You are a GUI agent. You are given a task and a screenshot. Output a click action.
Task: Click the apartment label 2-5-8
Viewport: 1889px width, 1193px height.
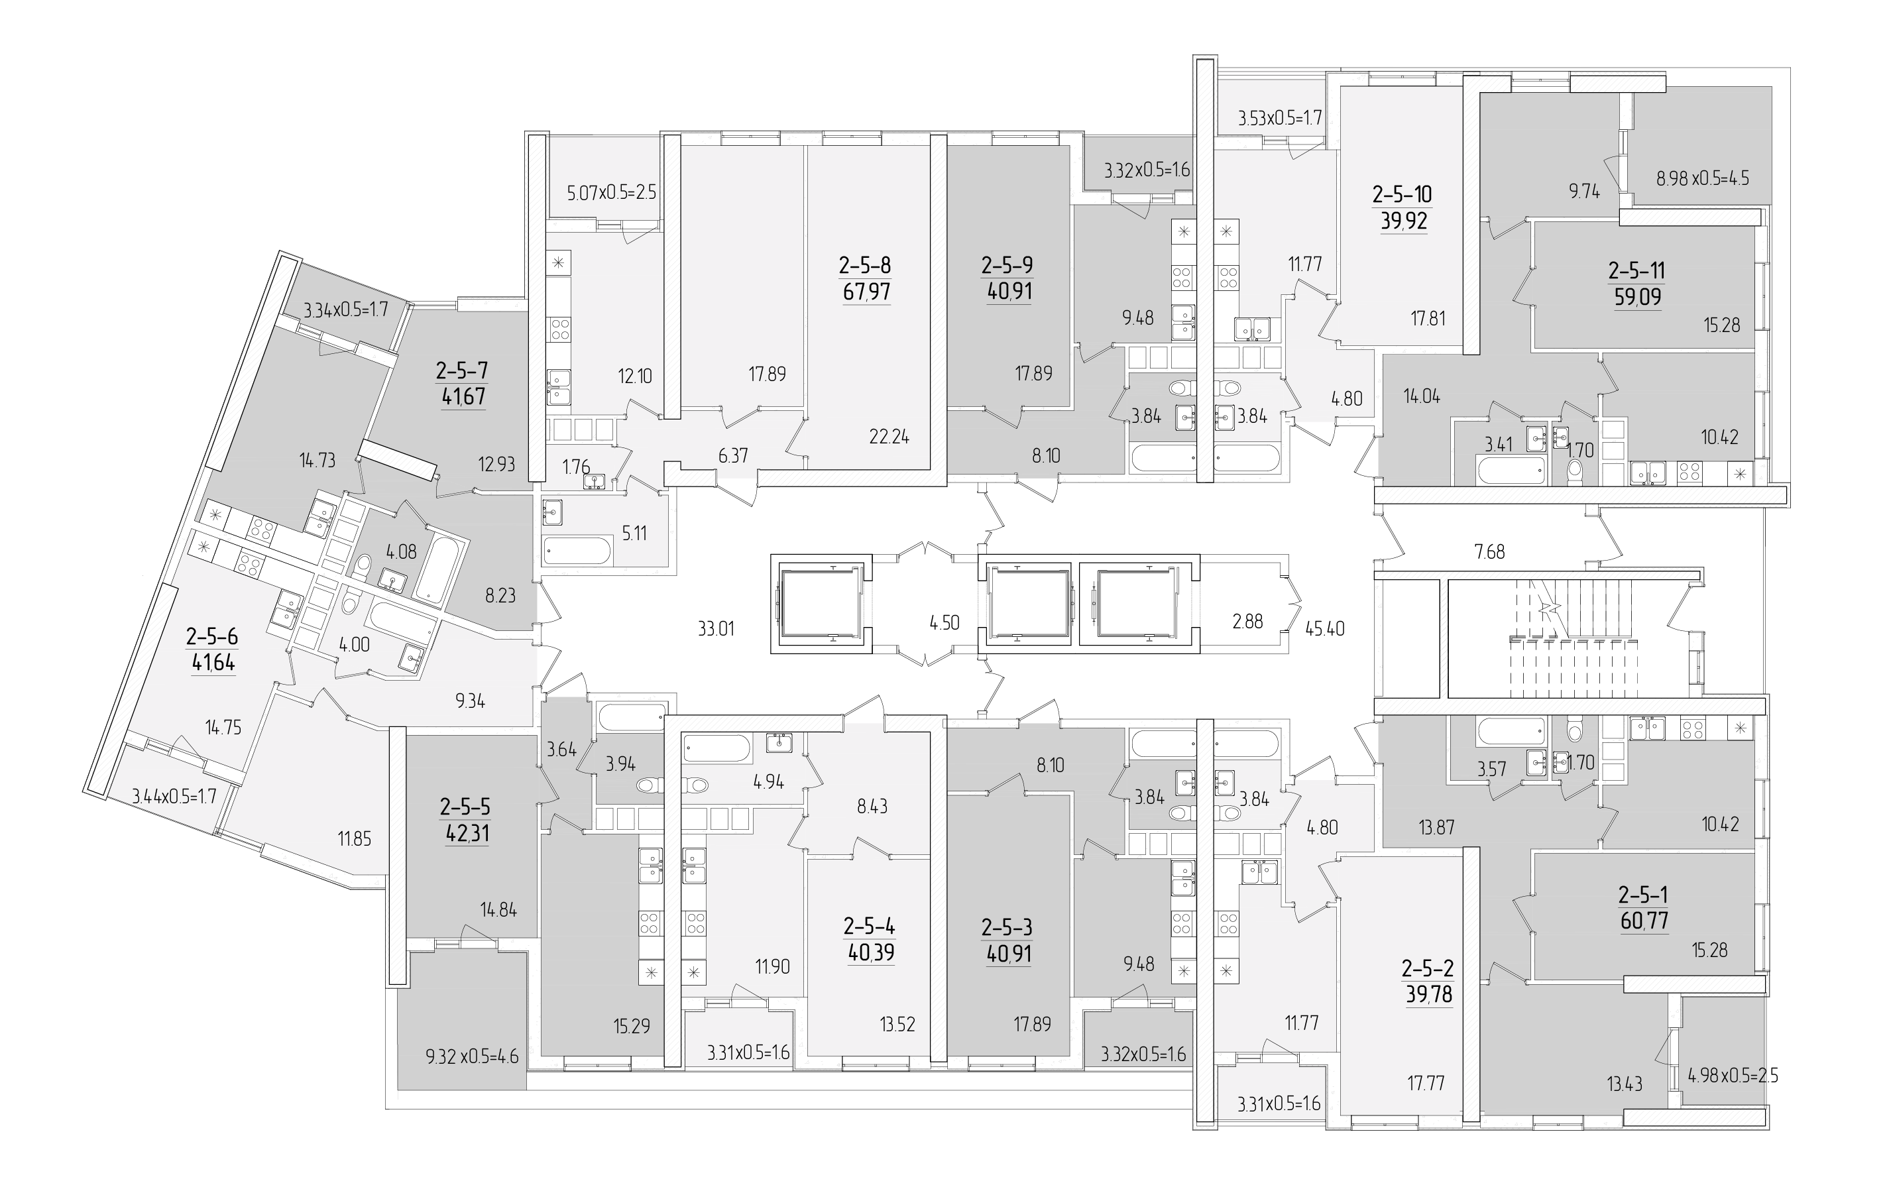[865, 265]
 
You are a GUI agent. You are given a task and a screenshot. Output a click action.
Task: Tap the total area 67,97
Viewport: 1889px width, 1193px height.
[866, 292]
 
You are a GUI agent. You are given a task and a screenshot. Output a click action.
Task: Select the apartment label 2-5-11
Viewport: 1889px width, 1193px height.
[1636, 270]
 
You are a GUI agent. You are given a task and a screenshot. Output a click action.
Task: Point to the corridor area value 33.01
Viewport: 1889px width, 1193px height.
[715, 628]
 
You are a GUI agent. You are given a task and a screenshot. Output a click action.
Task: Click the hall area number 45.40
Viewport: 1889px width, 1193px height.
[1325, 628]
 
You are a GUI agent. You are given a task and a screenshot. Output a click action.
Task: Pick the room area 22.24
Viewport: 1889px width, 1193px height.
[889, 437]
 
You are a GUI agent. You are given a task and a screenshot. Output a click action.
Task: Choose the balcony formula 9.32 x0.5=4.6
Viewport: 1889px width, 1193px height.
[471, 1057]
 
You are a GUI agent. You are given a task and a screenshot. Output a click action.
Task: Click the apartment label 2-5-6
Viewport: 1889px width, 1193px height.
[212, 636]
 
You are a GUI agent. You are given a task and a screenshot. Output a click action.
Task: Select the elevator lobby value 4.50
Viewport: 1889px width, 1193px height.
[944, 623]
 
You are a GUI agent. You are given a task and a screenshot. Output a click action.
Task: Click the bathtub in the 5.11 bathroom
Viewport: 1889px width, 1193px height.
[577, 550]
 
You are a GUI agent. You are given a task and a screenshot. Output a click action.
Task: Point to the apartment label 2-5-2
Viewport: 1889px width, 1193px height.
[1428, 970]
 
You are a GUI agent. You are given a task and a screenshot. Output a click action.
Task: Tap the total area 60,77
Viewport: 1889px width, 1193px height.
[1644, 921]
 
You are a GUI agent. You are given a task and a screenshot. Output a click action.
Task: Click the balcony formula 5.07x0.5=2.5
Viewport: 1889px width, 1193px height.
[612, 192]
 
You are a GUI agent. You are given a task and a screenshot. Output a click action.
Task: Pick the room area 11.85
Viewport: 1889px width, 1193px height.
[355, 839]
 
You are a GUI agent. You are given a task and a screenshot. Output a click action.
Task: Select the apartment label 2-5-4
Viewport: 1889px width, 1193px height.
[869, 927]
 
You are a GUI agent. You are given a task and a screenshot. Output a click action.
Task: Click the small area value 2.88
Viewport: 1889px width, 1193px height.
[1247, 621]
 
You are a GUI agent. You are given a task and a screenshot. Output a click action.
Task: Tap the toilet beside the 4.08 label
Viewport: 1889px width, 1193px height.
[363, 566]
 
